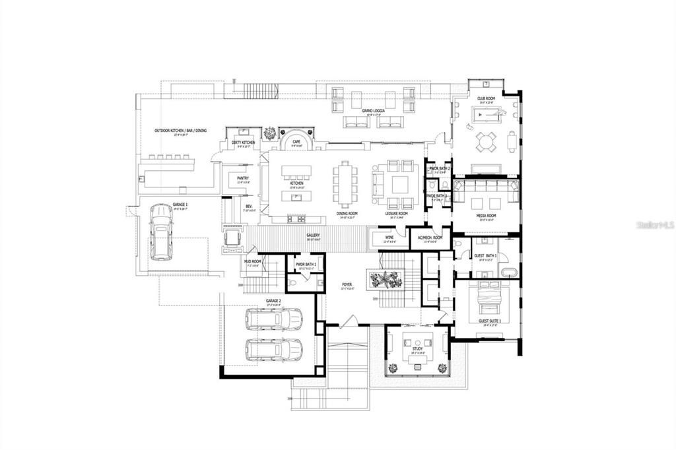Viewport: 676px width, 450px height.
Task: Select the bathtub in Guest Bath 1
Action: [508, 272]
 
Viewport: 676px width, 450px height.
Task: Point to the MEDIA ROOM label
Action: [487, 216]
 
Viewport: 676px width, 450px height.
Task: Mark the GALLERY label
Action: [313, 235]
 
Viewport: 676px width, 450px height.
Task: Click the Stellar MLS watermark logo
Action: [654, 225]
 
